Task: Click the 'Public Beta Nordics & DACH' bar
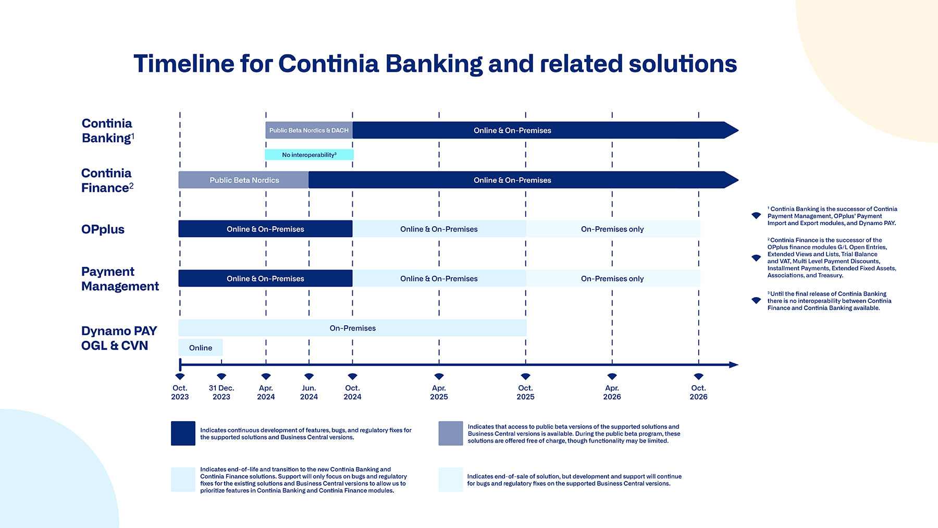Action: point(308,130)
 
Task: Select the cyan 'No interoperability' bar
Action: point(309,155)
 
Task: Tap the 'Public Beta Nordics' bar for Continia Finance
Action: point(244,180)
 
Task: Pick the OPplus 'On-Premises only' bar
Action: point(612,229)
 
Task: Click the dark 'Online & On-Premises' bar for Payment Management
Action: point(265,279)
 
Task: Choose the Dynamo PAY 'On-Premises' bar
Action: point(352,328)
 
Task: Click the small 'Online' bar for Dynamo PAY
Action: point(201,348)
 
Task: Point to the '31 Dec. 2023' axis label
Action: point(221,392)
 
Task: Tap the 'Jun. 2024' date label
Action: point(309,392)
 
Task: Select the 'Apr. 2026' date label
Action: point(612,392)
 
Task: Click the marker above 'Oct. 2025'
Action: point(525,376)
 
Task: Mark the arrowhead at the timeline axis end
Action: point(734,365)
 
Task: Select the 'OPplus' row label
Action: point(103,229)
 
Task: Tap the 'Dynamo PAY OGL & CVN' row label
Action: point(118,338)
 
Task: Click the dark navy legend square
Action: point(183,433)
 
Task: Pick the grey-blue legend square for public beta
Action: point(450,433)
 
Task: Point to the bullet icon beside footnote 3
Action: point(756,300)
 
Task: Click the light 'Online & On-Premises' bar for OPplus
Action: point(439,229)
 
